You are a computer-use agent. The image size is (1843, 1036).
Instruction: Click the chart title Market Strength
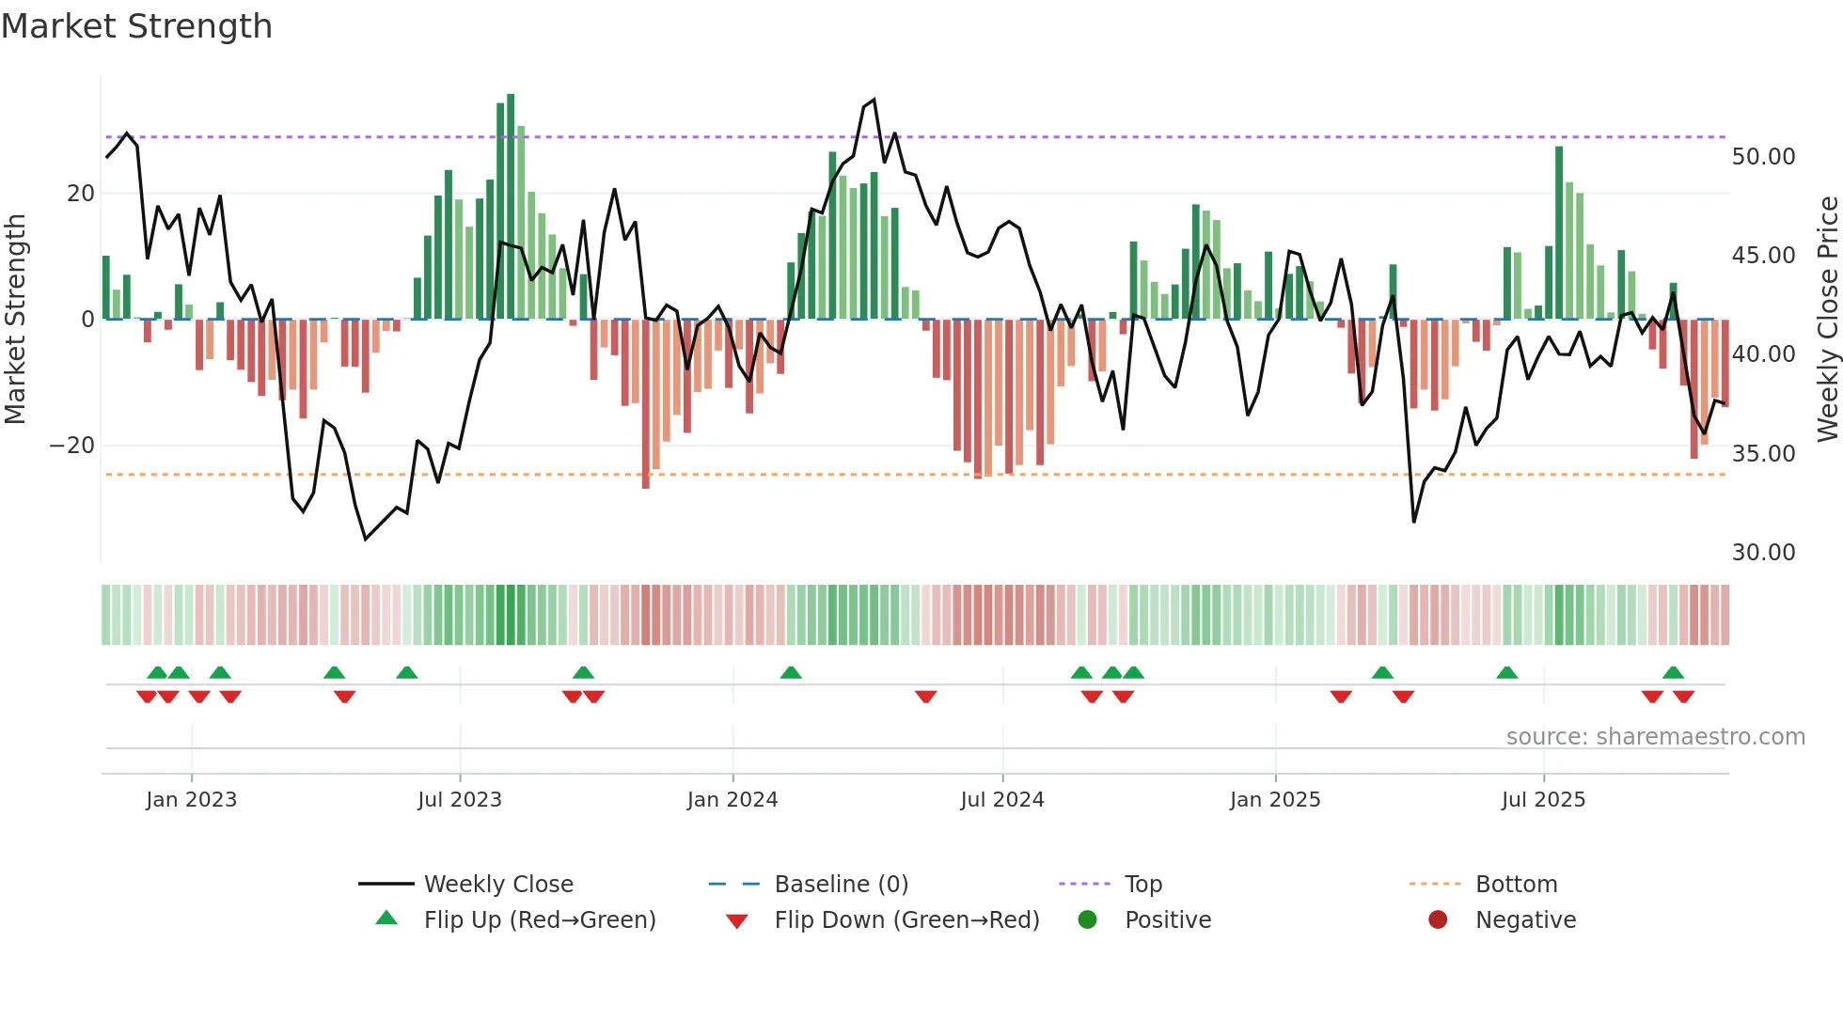(x=136, y=26)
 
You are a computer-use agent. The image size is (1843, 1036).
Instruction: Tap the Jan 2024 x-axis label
(x=732, y=800)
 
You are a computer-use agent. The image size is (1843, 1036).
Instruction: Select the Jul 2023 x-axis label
(x=460, y=800)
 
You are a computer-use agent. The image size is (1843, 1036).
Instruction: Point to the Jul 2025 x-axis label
(x=1543, y=800)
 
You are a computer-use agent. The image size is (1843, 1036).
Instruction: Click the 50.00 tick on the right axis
(x=1763, y=157)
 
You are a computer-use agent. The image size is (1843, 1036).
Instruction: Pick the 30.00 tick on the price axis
(x=1763, y=553)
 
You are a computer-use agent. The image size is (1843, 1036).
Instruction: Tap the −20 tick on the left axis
(x=72, y=446)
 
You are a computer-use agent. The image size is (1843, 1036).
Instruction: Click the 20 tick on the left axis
(x=81, y=194)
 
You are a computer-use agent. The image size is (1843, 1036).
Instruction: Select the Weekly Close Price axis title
(x=1827, y=320)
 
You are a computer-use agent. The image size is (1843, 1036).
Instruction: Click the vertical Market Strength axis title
(x=16, y=320)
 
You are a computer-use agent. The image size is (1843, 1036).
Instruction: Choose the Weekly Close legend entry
(x=498, y=885)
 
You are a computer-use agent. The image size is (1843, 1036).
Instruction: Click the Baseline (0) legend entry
(x=841, y=885)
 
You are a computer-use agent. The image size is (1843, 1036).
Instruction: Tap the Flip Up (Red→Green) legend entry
(x=539, y=920)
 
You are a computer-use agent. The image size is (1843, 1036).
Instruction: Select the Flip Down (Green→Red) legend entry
(x=906, y=920)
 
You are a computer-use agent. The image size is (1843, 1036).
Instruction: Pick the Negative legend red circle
(x=1438, y=920)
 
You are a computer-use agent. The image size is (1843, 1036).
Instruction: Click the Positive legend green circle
(x=1087, y=920)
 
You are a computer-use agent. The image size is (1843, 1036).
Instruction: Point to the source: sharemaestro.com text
(x=1655, y=737)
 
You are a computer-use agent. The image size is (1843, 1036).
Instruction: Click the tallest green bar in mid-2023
(x=511, y=207)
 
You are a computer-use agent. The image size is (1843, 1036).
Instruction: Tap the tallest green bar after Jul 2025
(x=1559, y=233)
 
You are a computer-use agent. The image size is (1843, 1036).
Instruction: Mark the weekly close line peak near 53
(x=874, y=100)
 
